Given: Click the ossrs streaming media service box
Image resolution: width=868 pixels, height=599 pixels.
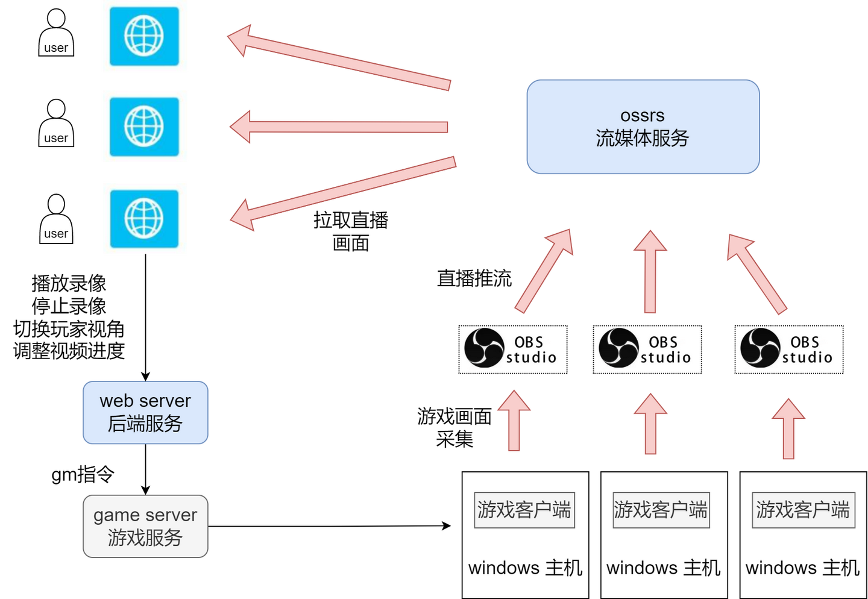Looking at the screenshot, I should (x=643, y=127).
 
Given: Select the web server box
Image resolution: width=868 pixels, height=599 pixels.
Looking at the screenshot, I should (x=145, y=413).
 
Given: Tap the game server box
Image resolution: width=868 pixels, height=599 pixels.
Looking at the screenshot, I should (x=145, y=526).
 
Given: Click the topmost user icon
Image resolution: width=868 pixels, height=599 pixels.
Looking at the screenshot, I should (x=56, y=33).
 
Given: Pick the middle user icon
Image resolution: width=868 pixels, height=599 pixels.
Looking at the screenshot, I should (x=56, y=124).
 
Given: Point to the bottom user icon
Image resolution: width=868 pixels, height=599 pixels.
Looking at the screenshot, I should (x=56, y=219).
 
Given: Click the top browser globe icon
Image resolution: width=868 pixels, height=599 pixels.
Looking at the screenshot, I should (x=144, y=36).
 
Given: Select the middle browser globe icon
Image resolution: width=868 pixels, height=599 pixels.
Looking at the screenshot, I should (x=144, y=127).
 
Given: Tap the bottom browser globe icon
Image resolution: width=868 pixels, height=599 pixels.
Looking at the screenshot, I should (x=144, y=218).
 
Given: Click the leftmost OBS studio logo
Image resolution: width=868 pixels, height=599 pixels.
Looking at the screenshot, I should (x=512, y=349).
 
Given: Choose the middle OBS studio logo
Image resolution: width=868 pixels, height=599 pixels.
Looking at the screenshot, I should (x=646, y=349).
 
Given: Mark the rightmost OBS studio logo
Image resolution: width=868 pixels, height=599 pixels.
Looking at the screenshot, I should (x=788, y=349).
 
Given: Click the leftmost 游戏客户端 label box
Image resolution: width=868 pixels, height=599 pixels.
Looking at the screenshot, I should (x=524, y=510).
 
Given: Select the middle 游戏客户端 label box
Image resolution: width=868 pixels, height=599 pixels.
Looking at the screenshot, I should (x=661, y=510).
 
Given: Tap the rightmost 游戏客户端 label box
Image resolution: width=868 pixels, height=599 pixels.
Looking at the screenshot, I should (x=803, y=510).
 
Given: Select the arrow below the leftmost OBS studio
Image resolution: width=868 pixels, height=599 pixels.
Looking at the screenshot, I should (x=514, y=422).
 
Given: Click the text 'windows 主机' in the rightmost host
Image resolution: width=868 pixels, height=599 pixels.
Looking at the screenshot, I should (x=802, y=568).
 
